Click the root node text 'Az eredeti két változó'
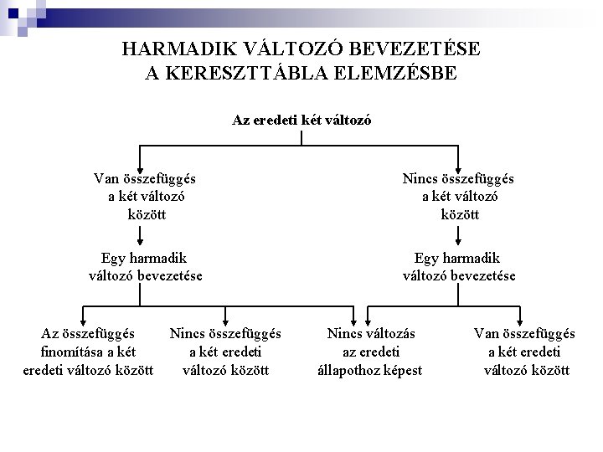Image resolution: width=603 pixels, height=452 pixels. click(301, 120)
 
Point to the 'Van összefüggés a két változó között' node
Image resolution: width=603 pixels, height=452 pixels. click(146, 196)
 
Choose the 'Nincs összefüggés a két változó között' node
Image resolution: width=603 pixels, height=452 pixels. click(459, 196)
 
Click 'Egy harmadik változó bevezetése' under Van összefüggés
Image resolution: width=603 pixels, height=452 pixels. click(146, 267)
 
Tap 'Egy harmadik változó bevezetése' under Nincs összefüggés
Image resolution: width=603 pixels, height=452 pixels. click(459, 267)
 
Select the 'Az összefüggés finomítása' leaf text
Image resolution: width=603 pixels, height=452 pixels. click(88, 352)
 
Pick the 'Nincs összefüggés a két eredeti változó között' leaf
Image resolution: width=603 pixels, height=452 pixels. click(225, 352)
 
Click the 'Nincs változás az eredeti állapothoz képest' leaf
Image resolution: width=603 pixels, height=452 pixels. click(371, 352)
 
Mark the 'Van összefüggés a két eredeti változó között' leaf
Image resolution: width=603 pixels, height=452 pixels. click(525, 352)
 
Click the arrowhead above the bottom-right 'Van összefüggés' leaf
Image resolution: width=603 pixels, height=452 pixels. click(520, 320)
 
